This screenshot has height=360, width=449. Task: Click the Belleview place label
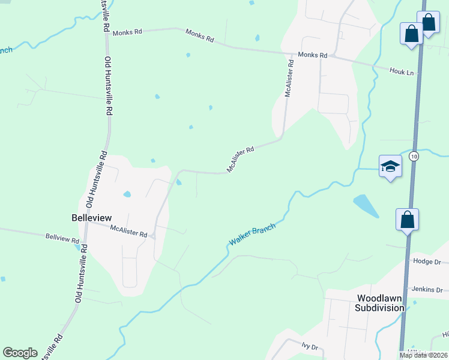click(x=91, y=217)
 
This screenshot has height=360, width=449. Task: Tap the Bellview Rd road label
click(x=62, y=238)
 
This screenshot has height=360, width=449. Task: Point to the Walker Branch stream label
click(x=252, y=235)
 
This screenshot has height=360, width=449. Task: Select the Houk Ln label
click(x=402, y=72)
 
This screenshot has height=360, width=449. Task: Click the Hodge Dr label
click(x=427, y=262)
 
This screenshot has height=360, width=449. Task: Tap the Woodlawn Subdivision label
click(x=380, y=302)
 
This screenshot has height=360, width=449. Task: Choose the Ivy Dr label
click(x=310, y=347)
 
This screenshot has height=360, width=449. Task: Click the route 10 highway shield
click(x=414, y=156)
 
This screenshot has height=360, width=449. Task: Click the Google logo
click(x=20, y=353)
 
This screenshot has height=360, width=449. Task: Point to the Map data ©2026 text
click(x=423, y=355)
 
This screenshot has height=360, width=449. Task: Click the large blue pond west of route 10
click(x=366, y=205)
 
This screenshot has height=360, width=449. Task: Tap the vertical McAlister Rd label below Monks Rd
click(x=289, y=78)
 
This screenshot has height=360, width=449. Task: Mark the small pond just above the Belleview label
click(x=127, y=194)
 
